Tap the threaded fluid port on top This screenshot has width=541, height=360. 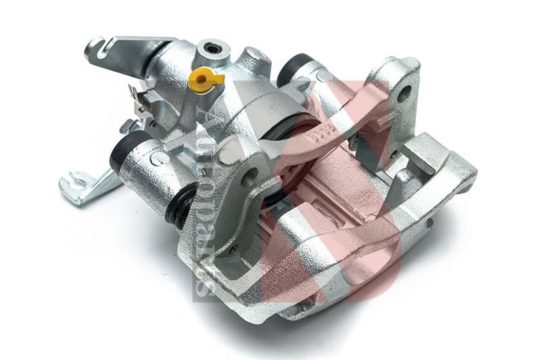[x=214, y=48]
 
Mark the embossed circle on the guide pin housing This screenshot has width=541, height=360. [x=157, y=160]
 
